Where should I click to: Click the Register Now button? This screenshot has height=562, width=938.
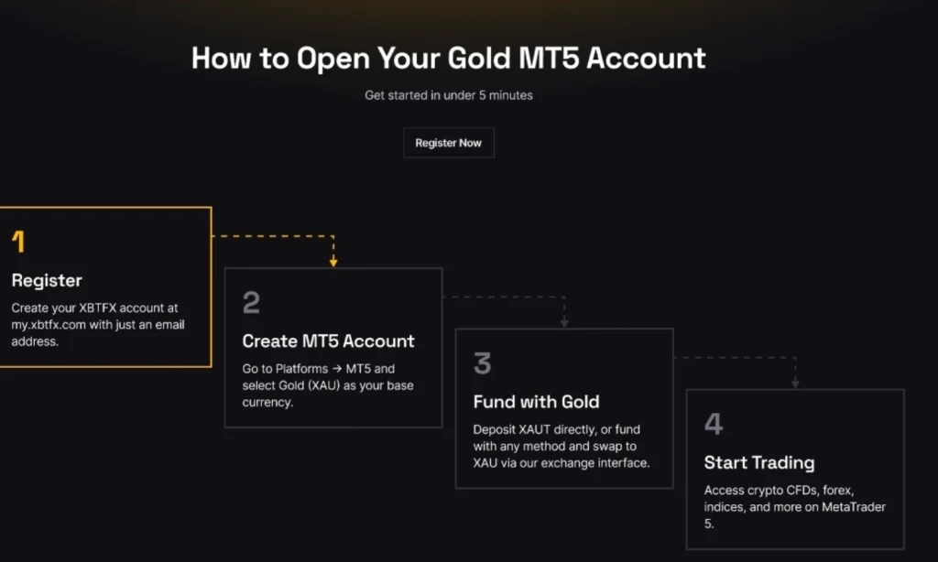448,143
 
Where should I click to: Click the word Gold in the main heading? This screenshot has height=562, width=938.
485,59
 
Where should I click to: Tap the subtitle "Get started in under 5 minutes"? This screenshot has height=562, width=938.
448,95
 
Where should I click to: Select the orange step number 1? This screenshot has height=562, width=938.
18,243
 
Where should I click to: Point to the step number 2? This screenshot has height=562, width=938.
251,303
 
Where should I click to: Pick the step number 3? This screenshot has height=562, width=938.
482,363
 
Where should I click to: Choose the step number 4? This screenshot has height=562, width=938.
714,424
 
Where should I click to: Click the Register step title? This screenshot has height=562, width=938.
47,280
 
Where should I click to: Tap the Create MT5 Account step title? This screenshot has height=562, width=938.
328,340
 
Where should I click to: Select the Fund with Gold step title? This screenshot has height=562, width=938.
536,401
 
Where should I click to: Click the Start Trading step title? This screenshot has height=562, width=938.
758,462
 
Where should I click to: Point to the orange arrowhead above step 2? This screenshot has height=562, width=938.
333,262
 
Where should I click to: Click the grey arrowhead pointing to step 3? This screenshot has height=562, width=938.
564,322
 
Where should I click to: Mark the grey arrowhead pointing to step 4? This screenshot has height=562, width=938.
795,383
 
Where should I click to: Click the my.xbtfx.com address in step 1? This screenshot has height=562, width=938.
54,325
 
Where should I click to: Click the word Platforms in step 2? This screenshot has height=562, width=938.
295,368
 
